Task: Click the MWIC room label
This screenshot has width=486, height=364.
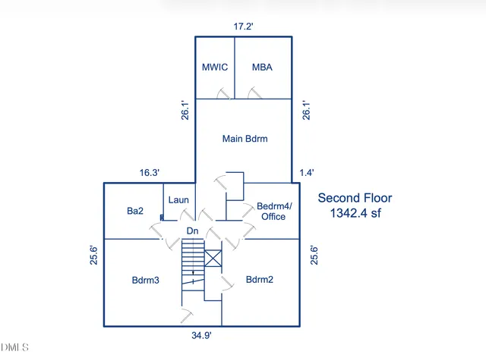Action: [x=215, y=67]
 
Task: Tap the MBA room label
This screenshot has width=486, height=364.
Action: [x=262, y=67]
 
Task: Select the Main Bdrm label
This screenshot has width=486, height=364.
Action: [x=245, y=139]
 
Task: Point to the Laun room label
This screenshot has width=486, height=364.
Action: [x=178, y=200]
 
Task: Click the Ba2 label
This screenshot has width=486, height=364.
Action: [x=135, y=211]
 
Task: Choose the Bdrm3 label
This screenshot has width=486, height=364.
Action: [x=145, y=280]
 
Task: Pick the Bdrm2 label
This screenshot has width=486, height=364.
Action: [x=260, y=280]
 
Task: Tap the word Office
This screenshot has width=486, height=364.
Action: [x=273, y=216]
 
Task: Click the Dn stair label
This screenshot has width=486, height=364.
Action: [x=192, y=231]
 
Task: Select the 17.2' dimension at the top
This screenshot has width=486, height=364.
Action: [x=243, y=27]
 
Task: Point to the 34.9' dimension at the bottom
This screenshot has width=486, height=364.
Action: [x=201, y=335]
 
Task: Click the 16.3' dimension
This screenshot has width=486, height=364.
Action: [x=150, y=172]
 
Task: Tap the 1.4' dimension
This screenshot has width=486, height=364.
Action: [x=307, y=172]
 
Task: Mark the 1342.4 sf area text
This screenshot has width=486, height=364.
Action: [x=355, y=213]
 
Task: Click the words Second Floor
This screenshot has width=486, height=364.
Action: [x=355, y=198]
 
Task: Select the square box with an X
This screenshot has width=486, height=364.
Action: [x=213, y=258]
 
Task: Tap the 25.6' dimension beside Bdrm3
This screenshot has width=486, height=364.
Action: [x=93, y=256]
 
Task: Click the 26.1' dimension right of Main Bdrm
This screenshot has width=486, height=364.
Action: [x=306, y=110]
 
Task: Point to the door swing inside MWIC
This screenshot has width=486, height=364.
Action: [x=224, y=93]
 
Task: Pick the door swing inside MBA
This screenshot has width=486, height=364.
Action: [x=255, y=93]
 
